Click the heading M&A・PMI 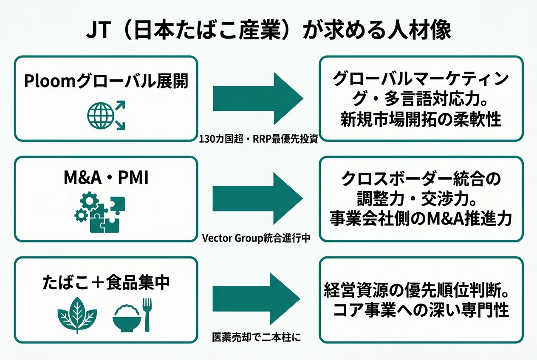pyautogui.click(x=106, y=179)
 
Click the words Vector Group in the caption pyautogui.click(x=229, y=238)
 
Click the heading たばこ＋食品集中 pyautogui.click(x=106, y=282)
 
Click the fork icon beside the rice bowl pyautogui.click(x=147, y=314)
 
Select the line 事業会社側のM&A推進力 pyautogui.click(x=421, y=219)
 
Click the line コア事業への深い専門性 pyautogui.click(x=421, y=310)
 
